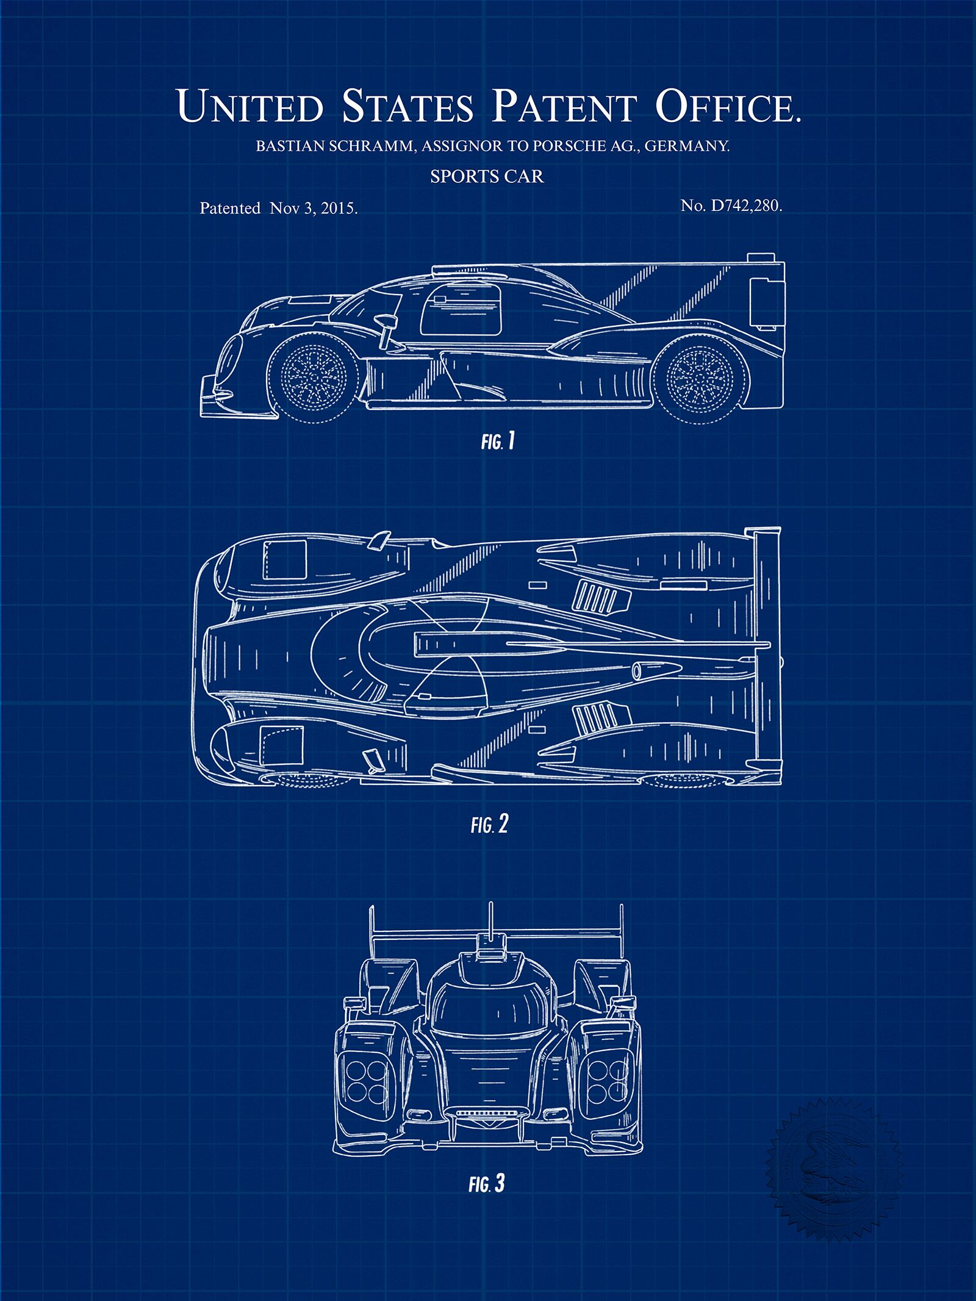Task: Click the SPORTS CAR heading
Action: click(x=487, y=177)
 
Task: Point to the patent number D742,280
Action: click(x=744, y=206)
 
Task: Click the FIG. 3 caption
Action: click(x=487, y=1167)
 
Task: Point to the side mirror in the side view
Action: click(x=386, y=328)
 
